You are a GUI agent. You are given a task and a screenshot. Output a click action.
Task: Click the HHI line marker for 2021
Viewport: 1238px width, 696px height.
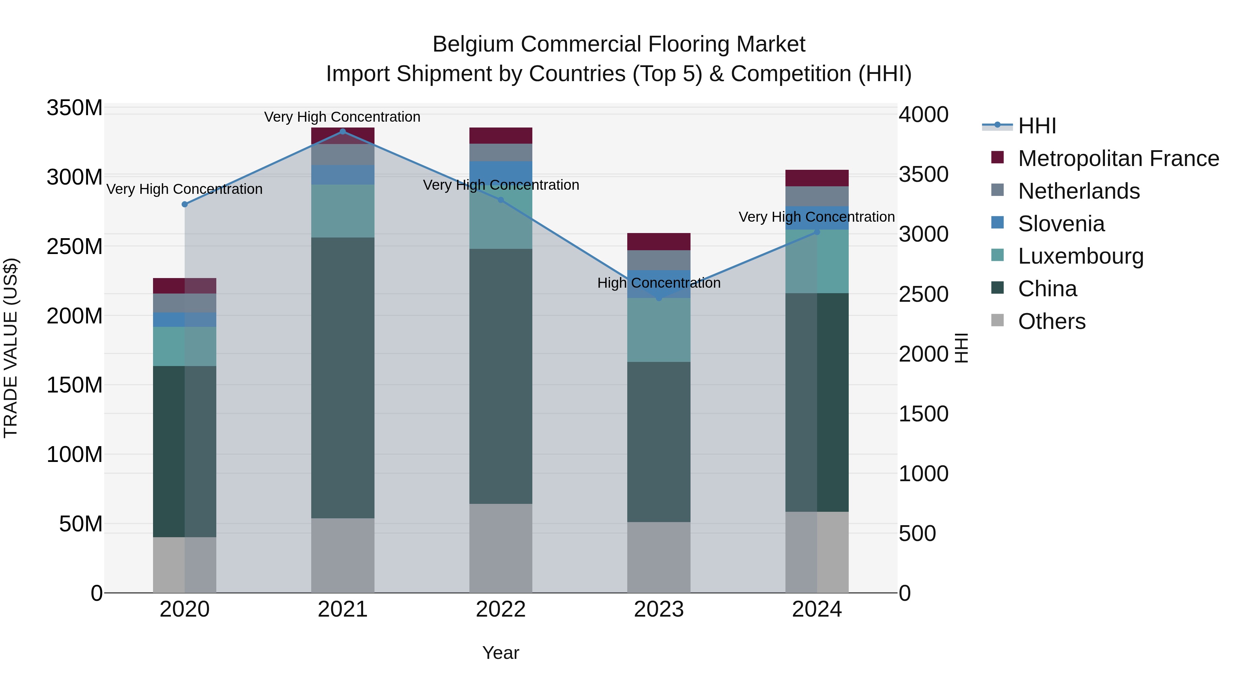click(343, 131)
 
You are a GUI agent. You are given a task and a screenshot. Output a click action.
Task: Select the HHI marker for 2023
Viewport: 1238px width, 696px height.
click(659, 298)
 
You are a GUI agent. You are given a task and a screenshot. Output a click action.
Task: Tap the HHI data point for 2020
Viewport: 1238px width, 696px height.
click(185, 204)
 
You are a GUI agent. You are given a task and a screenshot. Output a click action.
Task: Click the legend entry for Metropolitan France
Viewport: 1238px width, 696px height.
click(1118, 158)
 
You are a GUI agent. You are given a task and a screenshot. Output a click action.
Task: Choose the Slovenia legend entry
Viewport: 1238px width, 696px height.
click(1061, 224)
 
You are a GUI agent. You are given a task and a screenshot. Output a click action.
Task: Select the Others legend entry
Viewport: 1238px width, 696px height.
click(1052, 321)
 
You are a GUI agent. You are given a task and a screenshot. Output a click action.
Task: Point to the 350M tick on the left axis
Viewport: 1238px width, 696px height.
click(75, 108)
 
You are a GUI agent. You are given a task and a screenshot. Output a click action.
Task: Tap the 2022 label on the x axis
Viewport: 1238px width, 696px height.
click(501, 609)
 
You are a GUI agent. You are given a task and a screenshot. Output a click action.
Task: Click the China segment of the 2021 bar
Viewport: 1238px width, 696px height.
click(343, 377)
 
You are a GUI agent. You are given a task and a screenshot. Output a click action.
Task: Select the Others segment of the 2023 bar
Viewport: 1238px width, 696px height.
click(659, 557)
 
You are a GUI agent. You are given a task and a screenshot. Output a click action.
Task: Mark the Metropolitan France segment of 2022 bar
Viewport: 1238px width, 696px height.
click(501, 135)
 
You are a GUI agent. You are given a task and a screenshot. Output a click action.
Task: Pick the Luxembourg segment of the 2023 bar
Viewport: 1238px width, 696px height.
click(659, 330)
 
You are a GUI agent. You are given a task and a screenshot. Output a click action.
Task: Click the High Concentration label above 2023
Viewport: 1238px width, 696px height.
click(659, 283)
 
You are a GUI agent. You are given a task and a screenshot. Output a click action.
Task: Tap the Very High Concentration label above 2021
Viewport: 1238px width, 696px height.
click(342, 117)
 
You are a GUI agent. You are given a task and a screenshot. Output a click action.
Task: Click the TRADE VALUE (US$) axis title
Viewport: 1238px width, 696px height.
click(11, 348)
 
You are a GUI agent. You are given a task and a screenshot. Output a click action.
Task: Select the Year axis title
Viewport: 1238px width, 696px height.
click(501, 653)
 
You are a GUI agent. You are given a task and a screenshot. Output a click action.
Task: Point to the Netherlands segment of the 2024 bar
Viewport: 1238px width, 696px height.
click(817, 196)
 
